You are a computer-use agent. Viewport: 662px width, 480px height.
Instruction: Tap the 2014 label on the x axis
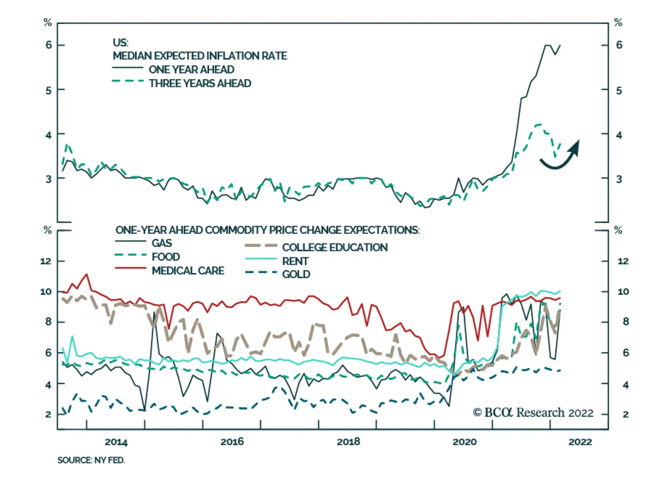tap(116, 442)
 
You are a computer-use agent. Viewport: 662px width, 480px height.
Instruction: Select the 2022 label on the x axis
tap(580, 442)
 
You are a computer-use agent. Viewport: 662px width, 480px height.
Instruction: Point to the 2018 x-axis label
tap(348, 442)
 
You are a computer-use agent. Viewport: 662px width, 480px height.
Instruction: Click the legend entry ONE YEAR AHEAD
tap(192, 70)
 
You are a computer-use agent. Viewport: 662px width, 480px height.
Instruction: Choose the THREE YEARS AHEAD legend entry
tap(200, 83)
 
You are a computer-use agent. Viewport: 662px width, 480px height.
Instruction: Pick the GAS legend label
tap(162, 243)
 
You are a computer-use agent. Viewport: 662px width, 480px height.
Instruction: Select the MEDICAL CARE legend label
tap(188, 271)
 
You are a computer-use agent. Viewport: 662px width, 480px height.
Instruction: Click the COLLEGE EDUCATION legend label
tap(335, 248)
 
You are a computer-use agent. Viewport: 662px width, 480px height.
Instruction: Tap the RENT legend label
tap(295, 262)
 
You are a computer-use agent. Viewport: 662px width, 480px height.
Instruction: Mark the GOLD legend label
tap(296, 275)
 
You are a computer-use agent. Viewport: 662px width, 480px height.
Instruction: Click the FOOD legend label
tap(166, 257)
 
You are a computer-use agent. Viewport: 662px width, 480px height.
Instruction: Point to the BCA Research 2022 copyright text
tap(533, 413)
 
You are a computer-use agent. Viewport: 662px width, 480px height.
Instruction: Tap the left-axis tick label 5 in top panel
tap(48, 91)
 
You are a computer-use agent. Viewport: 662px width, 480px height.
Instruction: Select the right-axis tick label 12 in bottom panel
tap(623, 261)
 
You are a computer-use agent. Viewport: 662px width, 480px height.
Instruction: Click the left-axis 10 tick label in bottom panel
tap(46, 292)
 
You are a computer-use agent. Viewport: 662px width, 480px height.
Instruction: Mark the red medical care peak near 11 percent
tap(86, 274)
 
